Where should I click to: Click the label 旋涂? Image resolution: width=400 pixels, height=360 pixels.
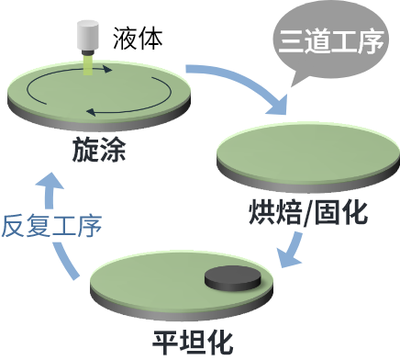[x=98, y=151]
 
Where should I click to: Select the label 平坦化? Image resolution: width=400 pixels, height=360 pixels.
[x=194, y=342]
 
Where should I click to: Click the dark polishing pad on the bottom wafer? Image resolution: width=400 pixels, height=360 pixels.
[x=230, y=276]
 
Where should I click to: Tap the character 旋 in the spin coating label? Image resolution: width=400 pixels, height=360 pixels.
[x=84, y=151]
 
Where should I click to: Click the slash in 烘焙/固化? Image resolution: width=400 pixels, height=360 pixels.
[x=308, y=212]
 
